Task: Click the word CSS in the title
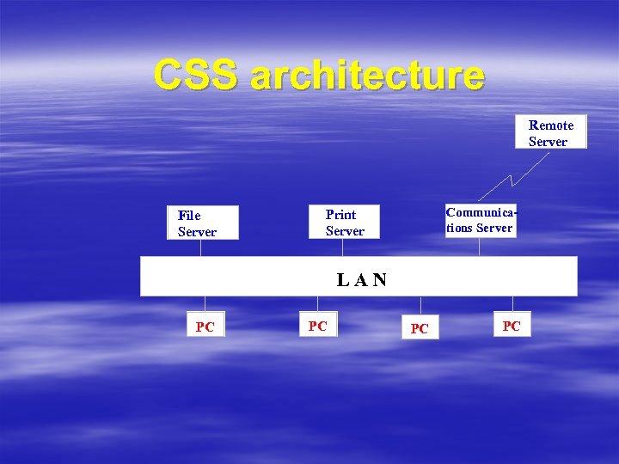[197, 75]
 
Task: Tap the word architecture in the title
[367, 76]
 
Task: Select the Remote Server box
[550, 132]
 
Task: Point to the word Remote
[551, 125]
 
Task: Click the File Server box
[202, 223]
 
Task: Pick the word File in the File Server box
[189, 215]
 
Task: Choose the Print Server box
[344, 223]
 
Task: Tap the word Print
[340, 214]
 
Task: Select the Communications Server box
[481, 220]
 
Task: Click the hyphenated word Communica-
[481, 211]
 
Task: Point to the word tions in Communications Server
[460, 228]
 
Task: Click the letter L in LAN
[342, 279]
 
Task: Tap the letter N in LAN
[380, 279]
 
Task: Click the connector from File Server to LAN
[201, 247]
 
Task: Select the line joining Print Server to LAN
[344, 247]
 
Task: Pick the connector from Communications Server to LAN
[479, 247]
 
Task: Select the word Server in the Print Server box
[345, 231]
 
